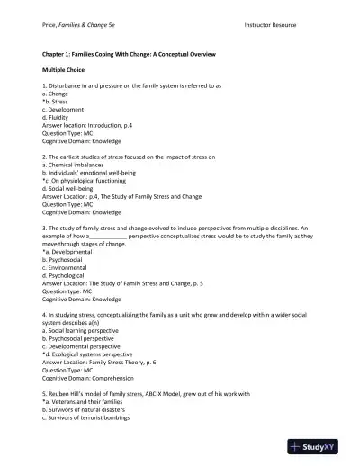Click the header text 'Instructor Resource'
(273, 28)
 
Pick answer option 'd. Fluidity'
(59, 115)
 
